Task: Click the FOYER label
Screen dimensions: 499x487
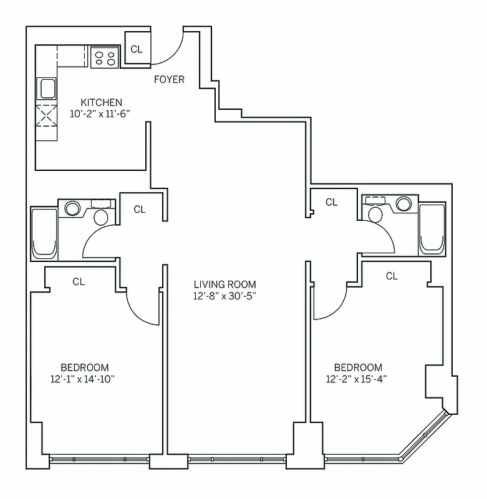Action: point(169,79)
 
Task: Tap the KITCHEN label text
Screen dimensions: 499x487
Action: point(102,102)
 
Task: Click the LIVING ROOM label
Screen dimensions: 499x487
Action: point(224,284)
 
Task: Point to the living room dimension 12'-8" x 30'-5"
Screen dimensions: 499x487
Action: point(224,296)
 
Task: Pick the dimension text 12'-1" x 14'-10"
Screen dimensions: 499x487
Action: point(84,379)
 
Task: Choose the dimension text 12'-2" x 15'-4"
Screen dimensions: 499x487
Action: point(358,379)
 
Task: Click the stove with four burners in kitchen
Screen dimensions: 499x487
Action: point(104,57)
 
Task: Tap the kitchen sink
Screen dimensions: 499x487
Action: point(47,88)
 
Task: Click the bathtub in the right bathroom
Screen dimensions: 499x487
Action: point(432,228)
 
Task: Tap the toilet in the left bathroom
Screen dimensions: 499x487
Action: point(100,215)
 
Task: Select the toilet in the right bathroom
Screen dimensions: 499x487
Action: point(375,212)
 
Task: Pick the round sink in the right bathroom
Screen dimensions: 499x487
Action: point(404,204)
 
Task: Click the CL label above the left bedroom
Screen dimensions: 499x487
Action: point(79,281)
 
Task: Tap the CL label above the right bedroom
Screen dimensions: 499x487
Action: point(392,276)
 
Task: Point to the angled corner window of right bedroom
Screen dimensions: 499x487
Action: point(424,437)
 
